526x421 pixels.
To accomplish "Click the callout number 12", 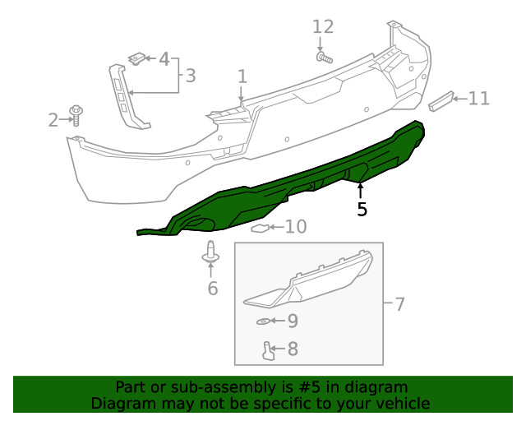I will point(323,27).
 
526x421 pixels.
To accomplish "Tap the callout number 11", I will point(478,99).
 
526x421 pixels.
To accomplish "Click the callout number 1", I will point(242,76).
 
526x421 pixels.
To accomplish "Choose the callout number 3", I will point(190,76).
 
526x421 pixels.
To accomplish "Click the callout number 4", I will point(164,59).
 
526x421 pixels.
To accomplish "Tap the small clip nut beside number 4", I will point(137,58).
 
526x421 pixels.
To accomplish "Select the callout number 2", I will point(53,120).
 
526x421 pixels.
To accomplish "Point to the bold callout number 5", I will point(362,210).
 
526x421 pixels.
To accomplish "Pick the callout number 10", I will point(295,226).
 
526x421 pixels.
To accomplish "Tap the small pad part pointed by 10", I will point(261,227).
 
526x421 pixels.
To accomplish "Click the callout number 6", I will point(212,288).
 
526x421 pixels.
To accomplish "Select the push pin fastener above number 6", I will point(211,256).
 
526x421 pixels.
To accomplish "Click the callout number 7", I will point(399,304).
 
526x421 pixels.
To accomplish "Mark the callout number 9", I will point(292,320).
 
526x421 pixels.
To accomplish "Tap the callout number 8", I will point(292,349).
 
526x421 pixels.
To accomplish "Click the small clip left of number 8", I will point(268,351).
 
